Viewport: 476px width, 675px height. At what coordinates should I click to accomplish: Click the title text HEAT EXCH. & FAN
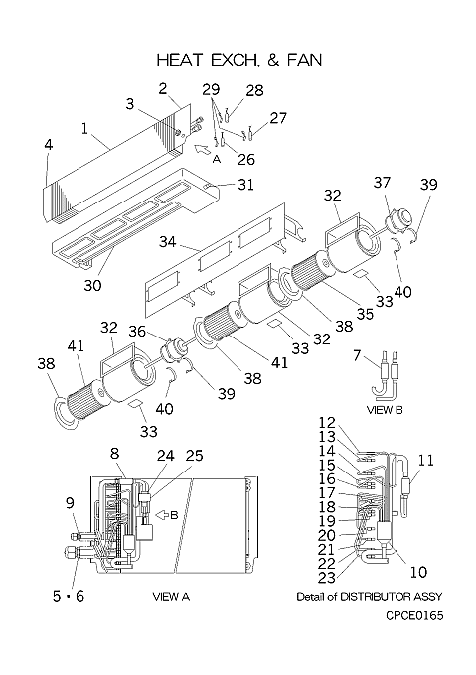(x=239, y=60)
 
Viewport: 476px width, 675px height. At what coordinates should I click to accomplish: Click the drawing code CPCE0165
(x=414, y=616)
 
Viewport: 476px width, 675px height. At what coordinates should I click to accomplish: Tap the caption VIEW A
(x=171, y=597)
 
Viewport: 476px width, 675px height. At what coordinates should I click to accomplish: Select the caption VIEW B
(x=385, y=410)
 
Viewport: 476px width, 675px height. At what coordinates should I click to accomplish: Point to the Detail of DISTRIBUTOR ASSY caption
(x=369, y=597)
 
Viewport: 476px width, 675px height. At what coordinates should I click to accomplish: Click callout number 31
(x=245, y=185)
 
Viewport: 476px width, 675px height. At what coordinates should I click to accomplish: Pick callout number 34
(x=168, y=242)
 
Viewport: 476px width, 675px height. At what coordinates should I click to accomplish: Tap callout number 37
(x=382, y=182)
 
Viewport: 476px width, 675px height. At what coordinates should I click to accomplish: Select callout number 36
(x=137, y=331)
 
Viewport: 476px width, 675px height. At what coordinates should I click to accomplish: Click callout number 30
(x=92, y=285)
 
